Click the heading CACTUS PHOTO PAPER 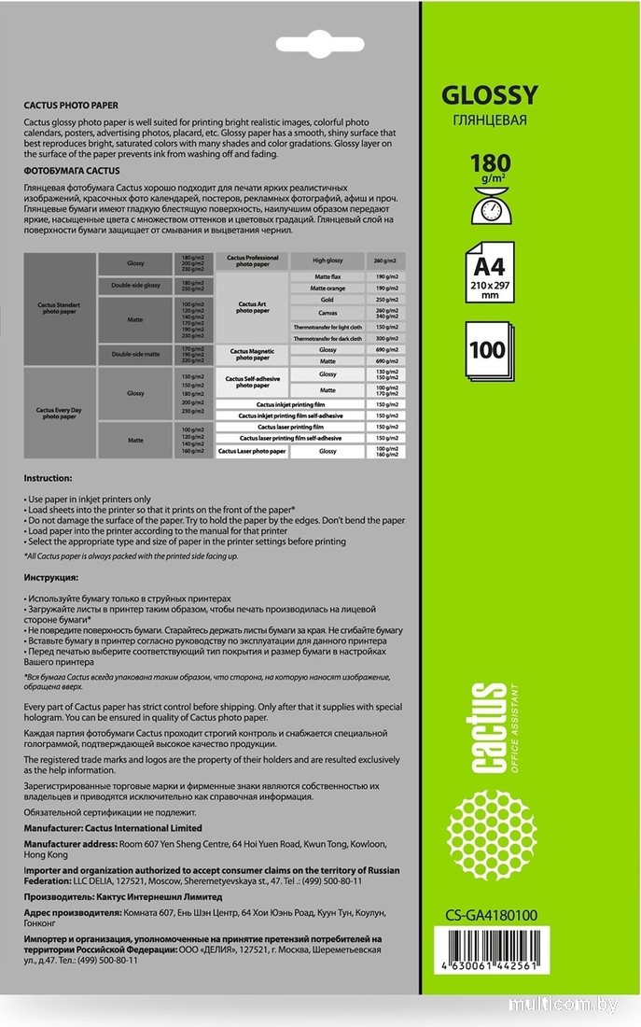point(71,106)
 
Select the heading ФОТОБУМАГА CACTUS point(72,172)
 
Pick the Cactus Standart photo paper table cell point(61,308)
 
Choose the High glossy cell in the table point(327,260)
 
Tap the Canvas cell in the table point(327,313)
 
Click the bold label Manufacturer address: point(70,843)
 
